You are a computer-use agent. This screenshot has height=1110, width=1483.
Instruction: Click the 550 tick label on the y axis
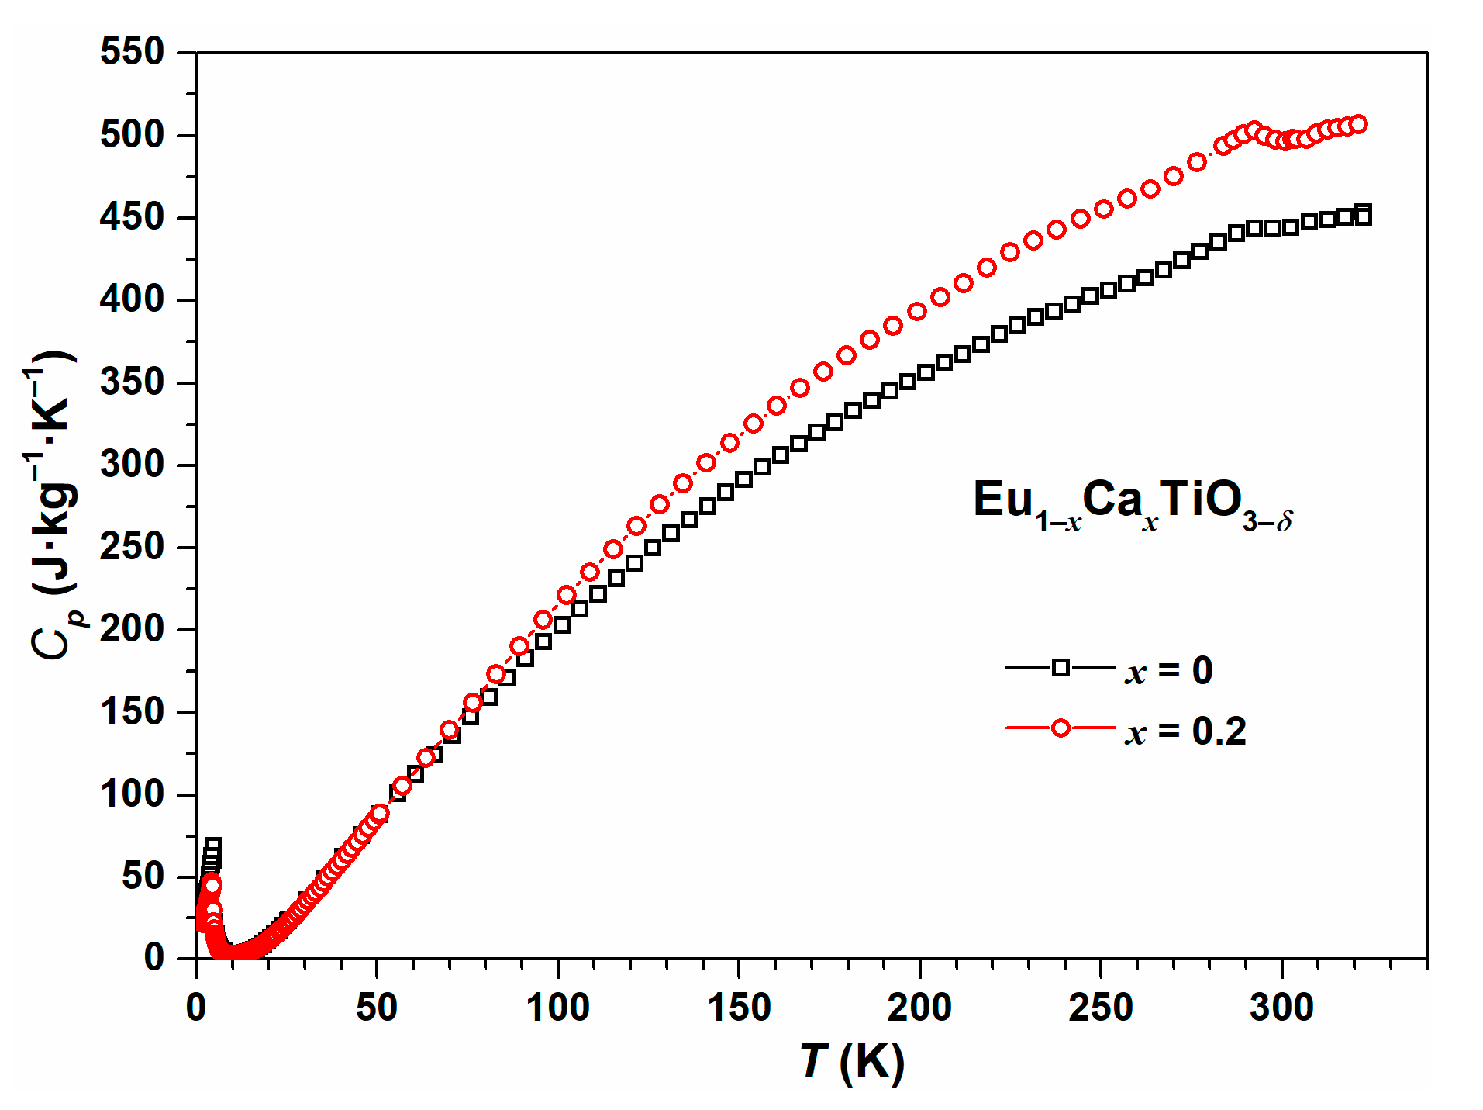[x=132, y=53]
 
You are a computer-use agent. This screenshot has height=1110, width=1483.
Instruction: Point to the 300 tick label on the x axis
[x=1281, y=1008]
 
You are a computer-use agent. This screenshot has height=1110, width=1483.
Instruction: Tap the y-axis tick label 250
[x=132, y=547]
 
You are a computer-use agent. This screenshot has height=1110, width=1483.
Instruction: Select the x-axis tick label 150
[x=738, y=1008]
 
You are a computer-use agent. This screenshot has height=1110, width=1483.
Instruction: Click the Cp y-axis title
[x=53, y=504]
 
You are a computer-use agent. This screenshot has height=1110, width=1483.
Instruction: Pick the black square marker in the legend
[x=1061, y=667]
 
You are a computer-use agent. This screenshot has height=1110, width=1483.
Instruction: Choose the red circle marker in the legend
[x=1061, y=728]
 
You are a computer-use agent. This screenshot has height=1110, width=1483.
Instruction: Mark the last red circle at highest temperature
[x=1358, y=124]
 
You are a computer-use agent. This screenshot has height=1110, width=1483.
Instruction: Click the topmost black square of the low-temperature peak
[x=213, y=845]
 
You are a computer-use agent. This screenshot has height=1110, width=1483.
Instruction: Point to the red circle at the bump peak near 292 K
[x=1254, y=130]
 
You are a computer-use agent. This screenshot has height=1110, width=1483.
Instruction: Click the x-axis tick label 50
[x=377, y=1008]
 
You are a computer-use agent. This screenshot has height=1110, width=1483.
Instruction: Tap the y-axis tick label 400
[x=132, y=299]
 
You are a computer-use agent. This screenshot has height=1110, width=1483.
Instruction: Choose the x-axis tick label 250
[x=1100, y=1008]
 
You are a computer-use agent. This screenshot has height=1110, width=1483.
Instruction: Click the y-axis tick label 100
[x=132, y=794]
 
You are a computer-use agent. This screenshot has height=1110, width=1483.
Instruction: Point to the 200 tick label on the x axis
[x=919, y=1008]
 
